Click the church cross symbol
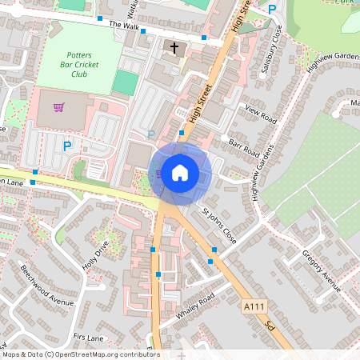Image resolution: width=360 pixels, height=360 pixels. coord(172,48)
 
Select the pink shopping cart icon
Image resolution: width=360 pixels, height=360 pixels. coord(58,107)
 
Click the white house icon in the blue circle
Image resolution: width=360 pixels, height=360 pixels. coord(180,173)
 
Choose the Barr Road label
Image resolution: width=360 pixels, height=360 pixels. coord(243,146)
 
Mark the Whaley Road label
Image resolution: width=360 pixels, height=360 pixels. coord(197,308)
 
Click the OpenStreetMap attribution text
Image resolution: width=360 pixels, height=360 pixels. coord(80,354)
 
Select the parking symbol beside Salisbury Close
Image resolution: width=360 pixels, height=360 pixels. coord(272,10)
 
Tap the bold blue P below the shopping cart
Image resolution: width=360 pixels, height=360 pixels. coord(67,146)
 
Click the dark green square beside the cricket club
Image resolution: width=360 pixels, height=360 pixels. coord(124,82)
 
